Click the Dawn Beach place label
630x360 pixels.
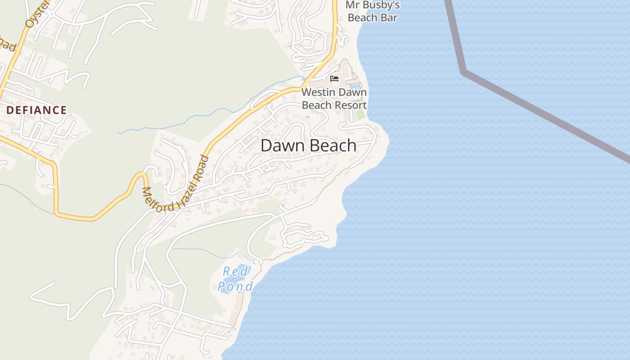309,146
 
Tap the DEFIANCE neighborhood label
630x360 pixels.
36,110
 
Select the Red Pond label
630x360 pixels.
235,279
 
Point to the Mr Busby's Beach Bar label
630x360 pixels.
373,12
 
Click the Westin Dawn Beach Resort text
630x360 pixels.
334,99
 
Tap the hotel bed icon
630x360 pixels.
334,79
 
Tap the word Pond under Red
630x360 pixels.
235,286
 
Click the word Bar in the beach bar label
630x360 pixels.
389,18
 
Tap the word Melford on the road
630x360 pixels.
155,198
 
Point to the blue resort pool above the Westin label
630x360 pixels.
355,85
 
